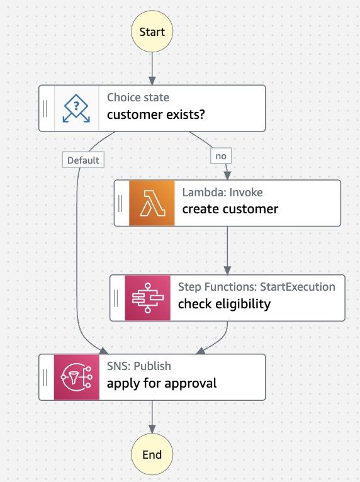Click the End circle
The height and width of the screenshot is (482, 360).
(x=152, y=454)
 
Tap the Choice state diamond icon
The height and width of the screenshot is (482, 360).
(x=77, y=108)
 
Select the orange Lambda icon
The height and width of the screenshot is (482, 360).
(x=151, y=203)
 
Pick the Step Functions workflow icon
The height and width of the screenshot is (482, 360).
(x=147, y=298)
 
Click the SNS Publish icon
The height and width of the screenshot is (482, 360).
(x=77, y=377)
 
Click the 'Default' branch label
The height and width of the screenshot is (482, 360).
(x=83, y=160)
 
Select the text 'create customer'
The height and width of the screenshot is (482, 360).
(x=230, y=209)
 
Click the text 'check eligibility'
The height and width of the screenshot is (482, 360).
(x=225, y=304)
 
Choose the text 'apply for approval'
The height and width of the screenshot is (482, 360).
(x=162, y=383)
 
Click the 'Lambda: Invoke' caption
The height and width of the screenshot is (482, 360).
(x=222, y=193)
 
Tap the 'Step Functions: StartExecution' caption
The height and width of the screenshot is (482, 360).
(x=257, y=287)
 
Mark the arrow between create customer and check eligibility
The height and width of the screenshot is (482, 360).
(x=227, y=250)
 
